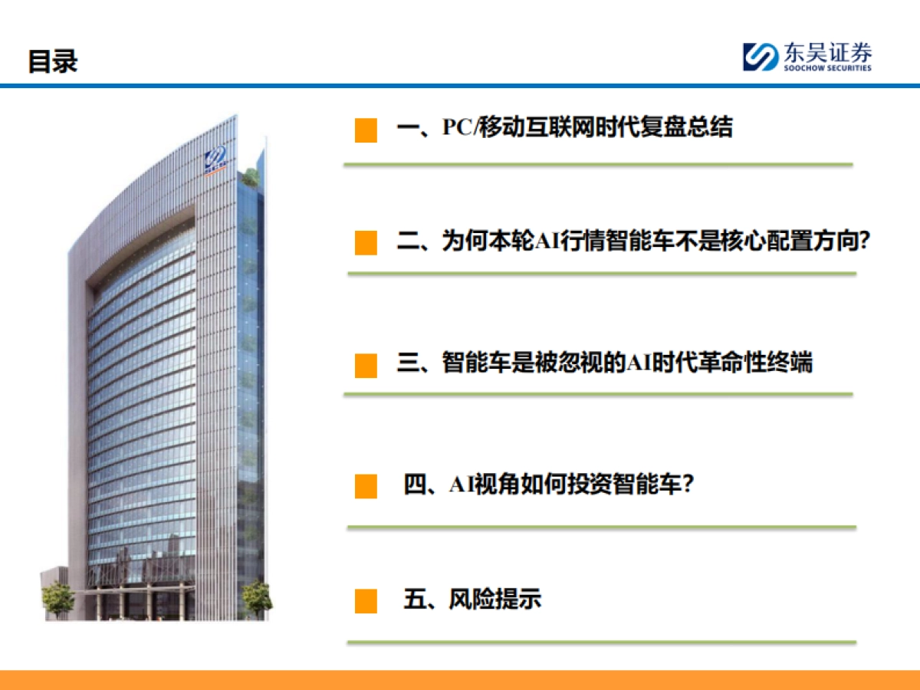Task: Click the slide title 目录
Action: pyautogui.click(x=53, y=61)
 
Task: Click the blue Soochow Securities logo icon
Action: pyautogui.click(x=760, y=57)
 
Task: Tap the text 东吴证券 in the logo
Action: pyautogui.click(x=826, y=53)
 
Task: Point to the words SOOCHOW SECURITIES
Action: pyautogui.click(x=826, y=68)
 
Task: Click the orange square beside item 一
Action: pyautogui.click(x=366, y=130)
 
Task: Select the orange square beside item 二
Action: pyautogui.click(x=366, y=242)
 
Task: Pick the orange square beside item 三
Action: pyautogui.click(x=366, y=365)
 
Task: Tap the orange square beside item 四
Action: pyautogui.click(x=366, y=486)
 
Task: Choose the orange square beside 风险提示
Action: pyautogui.click(x=366, y=600)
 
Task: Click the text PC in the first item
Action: pyautogui.click(x=458, y=127)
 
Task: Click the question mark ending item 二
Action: pyautogui.click(x=864, y=242)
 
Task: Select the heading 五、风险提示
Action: pyautogui.click(x=472, y=599)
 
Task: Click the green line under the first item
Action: pyautogui.click(x=598, y=164)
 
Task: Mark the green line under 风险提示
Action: pyautogui.click(x=601, y=642)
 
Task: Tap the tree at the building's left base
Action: pyautogui.click(x=57, y=597)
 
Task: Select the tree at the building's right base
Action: pyautogui.click(x=257, y=595)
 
